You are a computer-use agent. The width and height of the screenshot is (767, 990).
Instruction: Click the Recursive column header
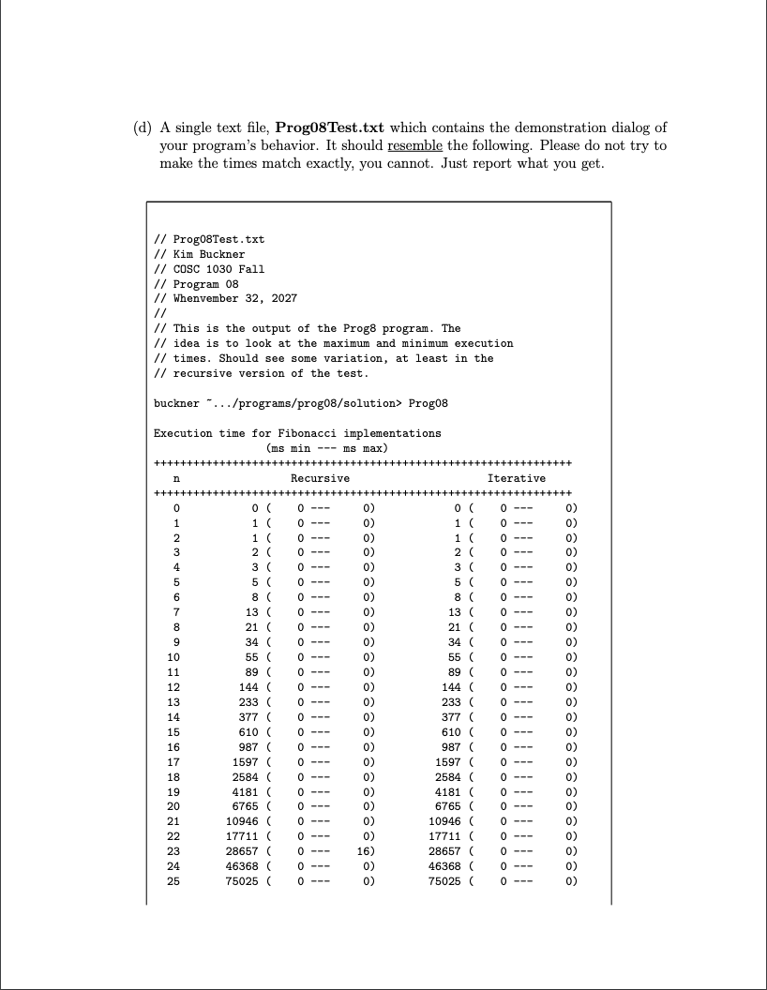[320, 479]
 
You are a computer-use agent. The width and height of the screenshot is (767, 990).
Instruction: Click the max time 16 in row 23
[365, 849]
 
